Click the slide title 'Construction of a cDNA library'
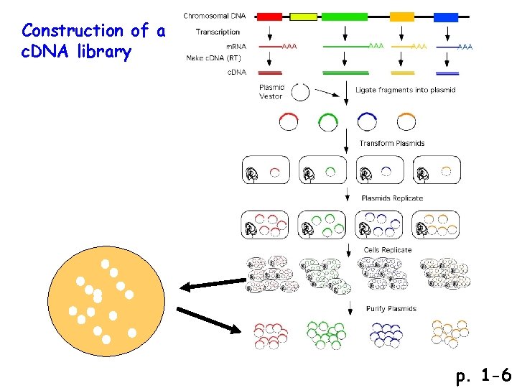(93, 41)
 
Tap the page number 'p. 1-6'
(483, 375)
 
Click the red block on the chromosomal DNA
(269, 16)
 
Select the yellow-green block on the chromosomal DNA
(303, 16)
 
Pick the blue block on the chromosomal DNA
(446, 16)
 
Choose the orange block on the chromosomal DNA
(402, 16)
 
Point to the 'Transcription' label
(218, 32)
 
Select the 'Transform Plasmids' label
(392, 143)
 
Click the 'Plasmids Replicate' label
(392, 198)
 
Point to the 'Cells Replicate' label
(388, 250)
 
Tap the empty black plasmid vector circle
(301, 93)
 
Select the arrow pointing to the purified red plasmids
(208, 320)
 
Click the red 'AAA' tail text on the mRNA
(289, 47)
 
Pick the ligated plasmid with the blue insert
(368, 121)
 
